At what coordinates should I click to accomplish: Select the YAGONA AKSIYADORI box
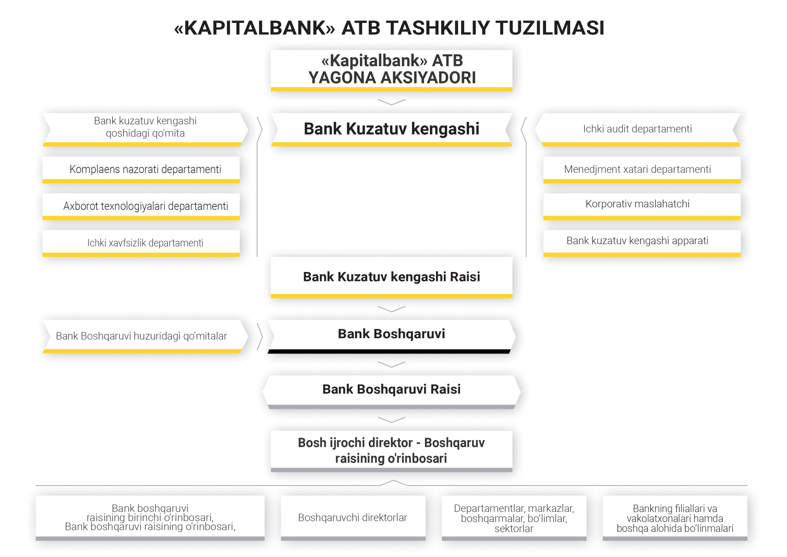coord(392,70)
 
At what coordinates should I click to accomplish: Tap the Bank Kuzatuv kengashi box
coord(392,130)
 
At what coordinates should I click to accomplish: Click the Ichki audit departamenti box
coord(637,130)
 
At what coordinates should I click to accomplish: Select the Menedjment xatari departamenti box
coord(642,170)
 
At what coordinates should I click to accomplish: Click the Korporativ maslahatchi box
coord(642,206)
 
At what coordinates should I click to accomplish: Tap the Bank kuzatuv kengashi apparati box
coord(642,243)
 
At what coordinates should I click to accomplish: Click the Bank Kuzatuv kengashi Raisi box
coord(392,278)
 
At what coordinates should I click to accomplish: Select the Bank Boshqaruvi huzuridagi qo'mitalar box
coord(146,337)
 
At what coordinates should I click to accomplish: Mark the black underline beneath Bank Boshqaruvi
coord(389,351)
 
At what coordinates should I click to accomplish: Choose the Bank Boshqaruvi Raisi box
coord(392,392)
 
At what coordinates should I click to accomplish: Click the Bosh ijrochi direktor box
coord(392,451)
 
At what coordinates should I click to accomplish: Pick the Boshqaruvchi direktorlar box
coord(353,518)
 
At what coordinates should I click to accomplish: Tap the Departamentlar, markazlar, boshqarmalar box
coord(514,518)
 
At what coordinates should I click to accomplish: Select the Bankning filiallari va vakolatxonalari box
coord(675,518)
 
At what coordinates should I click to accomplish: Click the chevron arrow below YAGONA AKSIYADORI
coord(392,102)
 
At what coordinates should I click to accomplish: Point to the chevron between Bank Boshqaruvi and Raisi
coord(392,365)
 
